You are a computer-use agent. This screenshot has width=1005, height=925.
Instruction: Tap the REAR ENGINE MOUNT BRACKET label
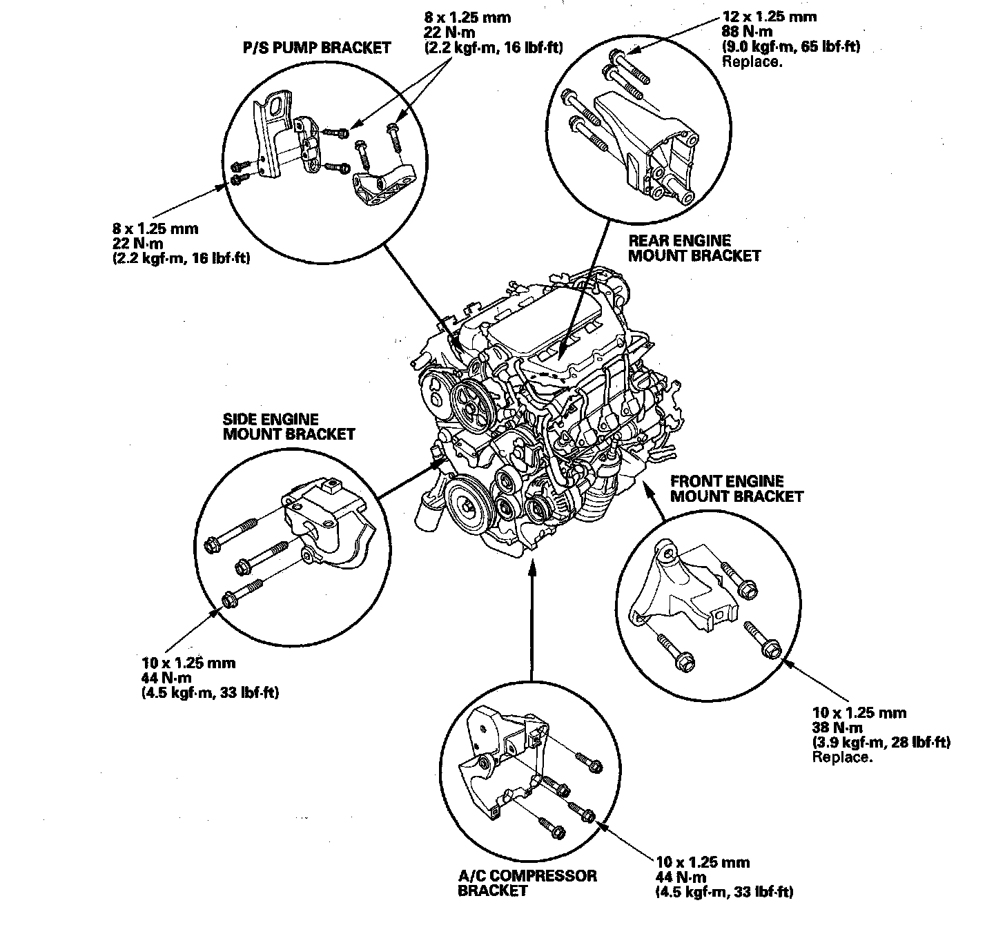click(694, 248)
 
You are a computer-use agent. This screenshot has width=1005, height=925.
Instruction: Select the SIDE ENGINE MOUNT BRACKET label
click(288, 427)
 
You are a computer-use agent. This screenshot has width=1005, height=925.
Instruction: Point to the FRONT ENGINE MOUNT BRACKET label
click(736, 488)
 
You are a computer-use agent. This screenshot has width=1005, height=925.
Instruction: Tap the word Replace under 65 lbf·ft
click(751, 61)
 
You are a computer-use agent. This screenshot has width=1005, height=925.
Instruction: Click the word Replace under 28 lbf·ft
click(842, 757)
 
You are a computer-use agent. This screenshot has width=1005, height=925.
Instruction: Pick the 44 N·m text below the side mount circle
click(165, 678)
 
